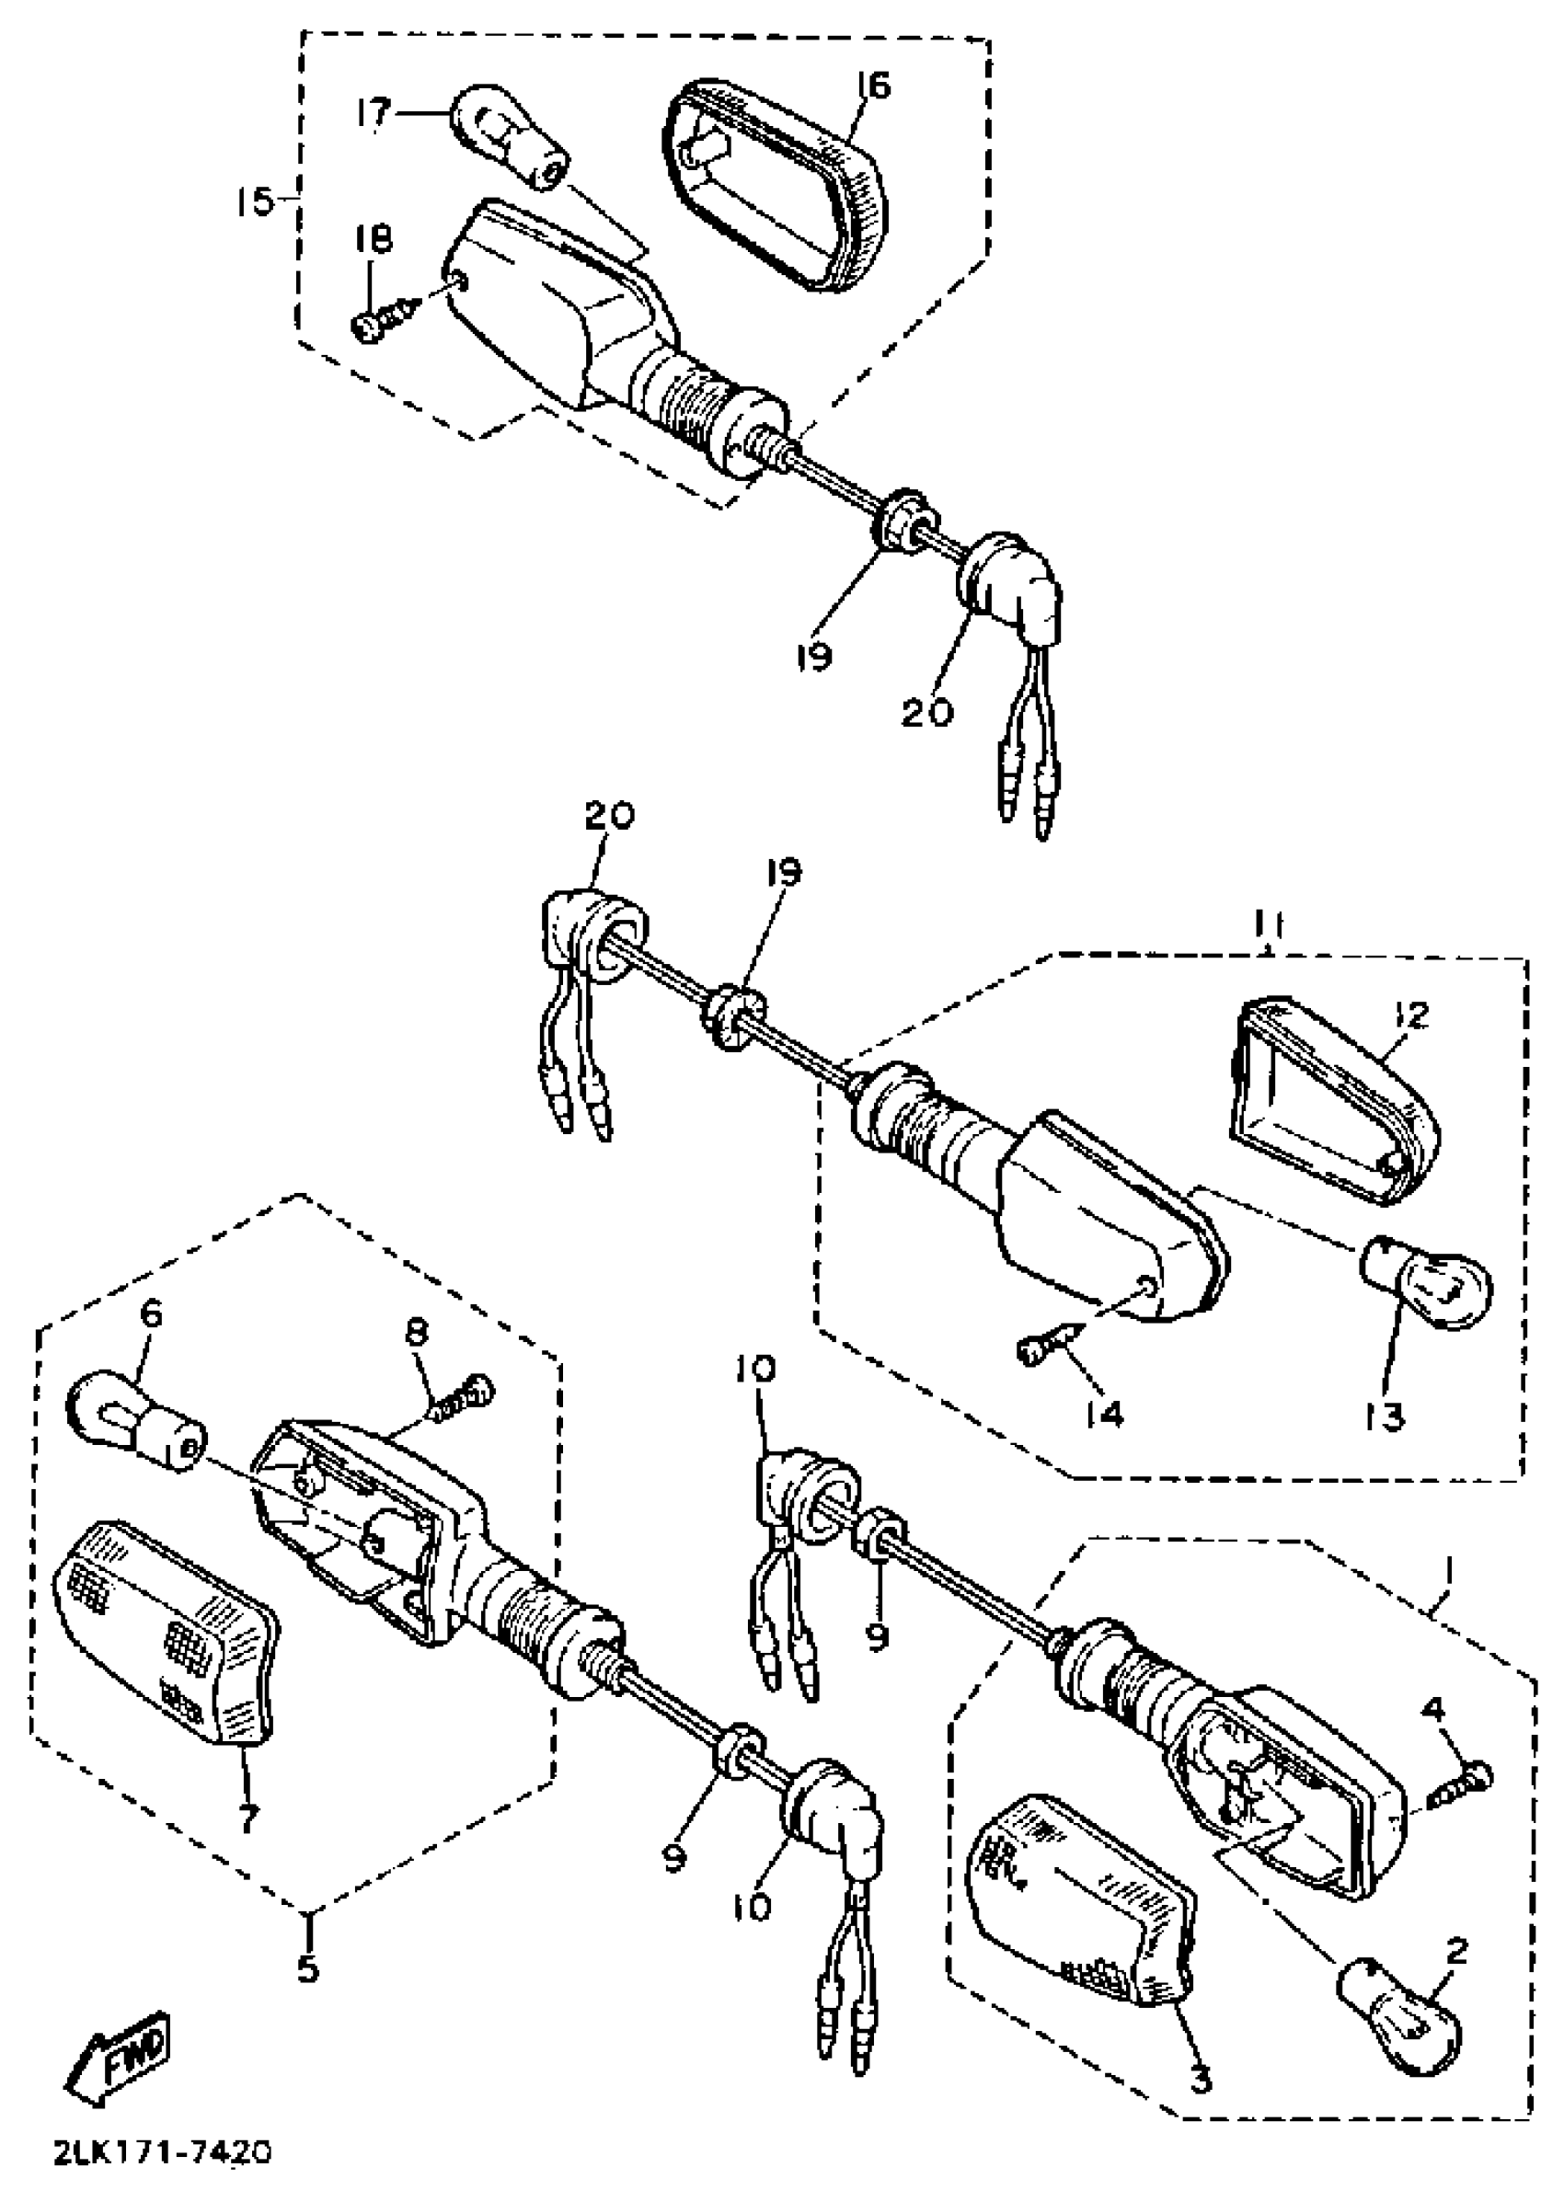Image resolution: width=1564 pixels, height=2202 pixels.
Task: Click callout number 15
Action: point(254,204)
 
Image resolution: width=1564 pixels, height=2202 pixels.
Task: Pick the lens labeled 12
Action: point(1334,1099)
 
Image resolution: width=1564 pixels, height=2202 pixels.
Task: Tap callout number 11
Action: point(1269,926)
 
